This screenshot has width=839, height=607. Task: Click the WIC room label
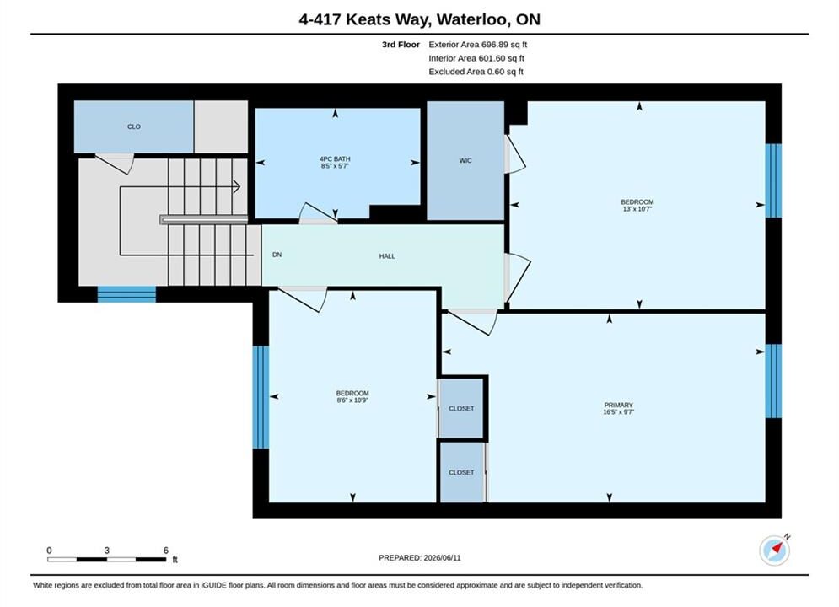[x=465, y=160]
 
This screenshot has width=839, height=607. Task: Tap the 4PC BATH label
[x=335, y=158]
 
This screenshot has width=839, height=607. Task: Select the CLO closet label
[x=134, y=126]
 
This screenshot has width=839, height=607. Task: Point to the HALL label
[x=387, y=256]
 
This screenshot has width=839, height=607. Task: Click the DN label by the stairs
[x=277, y=255]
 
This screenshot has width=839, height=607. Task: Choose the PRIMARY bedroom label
[x=619, y=406]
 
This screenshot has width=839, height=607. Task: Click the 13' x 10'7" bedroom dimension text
[x=637, y=209]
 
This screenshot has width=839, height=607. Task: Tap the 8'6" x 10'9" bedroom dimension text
[x=352, y=400]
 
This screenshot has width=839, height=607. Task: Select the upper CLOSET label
[x=461, y=409]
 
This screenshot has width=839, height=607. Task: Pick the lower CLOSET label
[x=461, y=473]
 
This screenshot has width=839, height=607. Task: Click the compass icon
[x=775, y=550]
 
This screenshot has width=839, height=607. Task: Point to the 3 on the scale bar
[x=107, y=551]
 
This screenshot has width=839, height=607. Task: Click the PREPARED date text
[x=420, y=558]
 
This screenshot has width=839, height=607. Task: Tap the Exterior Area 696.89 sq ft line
[x=478, y=45]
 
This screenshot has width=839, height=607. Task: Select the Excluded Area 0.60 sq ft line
[x=476, y=71]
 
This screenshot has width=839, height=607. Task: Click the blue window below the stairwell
[x=126, y=295]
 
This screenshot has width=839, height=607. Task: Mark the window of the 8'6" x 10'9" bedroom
[x=261, y=397]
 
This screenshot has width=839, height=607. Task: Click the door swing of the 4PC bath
[x=319, y=212]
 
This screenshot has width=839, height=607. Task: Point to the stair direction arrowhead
[x=236, y=186]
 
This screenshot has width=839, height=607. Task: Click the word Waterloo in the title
[x=472, y=19]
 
